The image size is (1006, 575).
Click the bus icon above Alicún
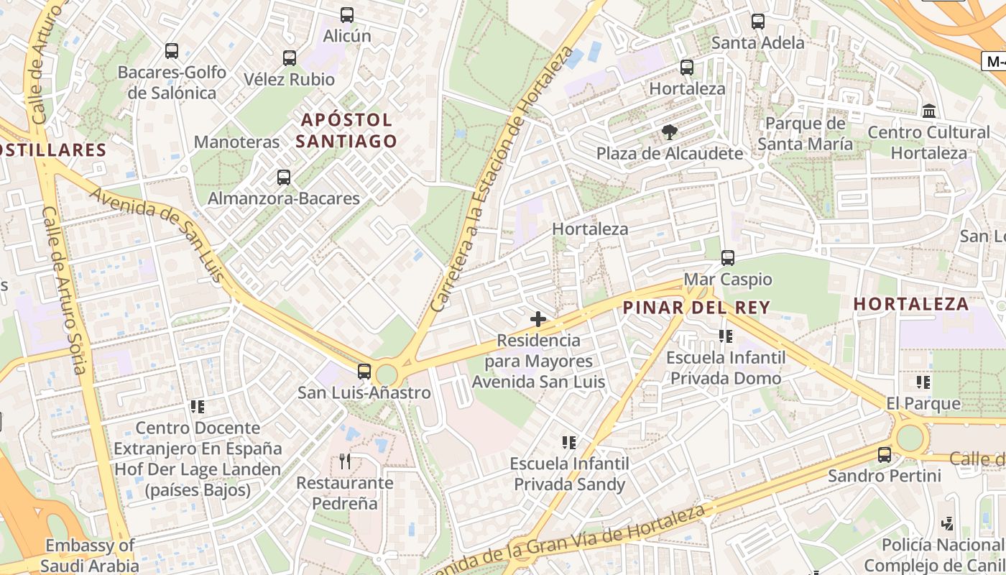coord(347,15)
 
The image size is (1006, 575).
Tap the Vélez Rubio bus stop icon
coord(290,58)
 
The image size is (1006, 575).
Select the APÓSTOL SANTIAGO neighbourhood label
coord(346,130)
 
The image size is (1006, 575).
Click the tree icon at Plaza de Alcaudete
coord(670,132)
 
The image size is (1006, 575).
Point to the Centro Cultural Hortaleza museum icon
coord(929,111)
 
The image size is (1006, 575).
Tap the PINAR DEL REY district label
coord(696,308)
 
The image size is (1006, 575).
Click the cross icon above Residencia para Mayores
coord(537,319)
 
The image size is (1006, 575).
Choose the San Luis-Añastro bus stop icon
coord(364,372)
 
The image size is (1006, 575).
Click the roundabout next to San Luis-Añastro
coord(387,374)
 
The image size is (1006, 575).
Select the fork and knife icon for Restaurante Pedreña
coord(346,461)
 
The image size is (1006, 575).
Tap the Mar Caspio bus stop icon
coord(728,258)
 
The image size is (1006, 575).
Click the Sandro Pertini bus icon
coord(885,455)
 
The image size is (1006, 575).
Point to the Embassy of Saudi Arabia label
coord(90,556)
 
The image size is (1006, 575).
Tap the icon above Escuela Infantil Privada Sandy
coord(569,442)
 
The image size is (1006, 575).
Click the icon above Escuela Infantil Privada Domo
coord(725,336)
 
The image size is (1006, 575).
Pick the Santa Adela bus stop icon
coord(758,22)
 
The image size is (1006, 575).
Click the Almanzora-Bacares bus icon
coord(284,178)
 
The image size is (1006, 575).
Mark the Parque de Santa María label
coord(806,134)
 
